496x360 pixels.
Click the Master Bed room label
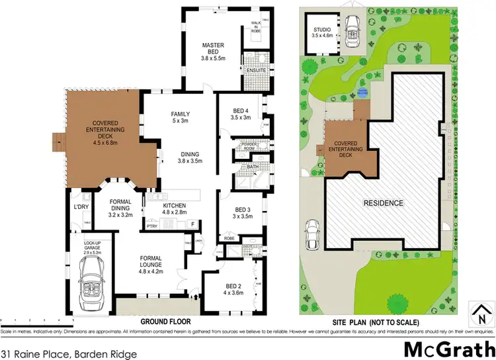pyautogui.click(x=214, y=52)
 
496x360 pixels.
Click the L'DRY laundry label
pyautogui.click(x=81, y=208)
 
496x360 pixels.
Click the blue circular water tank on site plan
pyautogui.click(x=362, y=92)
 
